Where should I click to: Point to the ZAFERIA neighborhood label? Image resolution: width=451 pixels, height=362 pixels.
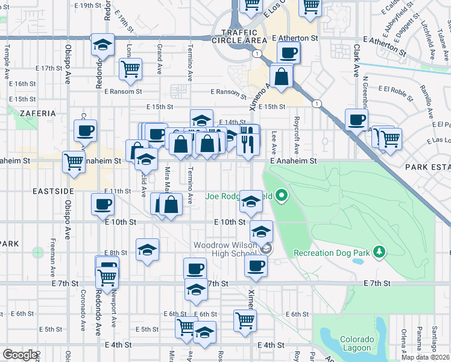37,113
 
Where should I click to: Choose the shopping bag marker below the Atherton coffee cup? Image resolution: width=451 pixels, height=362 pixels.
282,77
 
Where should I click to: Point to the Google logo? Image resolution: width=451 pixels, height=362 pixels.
20,355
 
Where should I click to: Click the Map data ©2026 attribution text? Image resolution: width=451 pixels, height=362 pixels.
424,357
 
